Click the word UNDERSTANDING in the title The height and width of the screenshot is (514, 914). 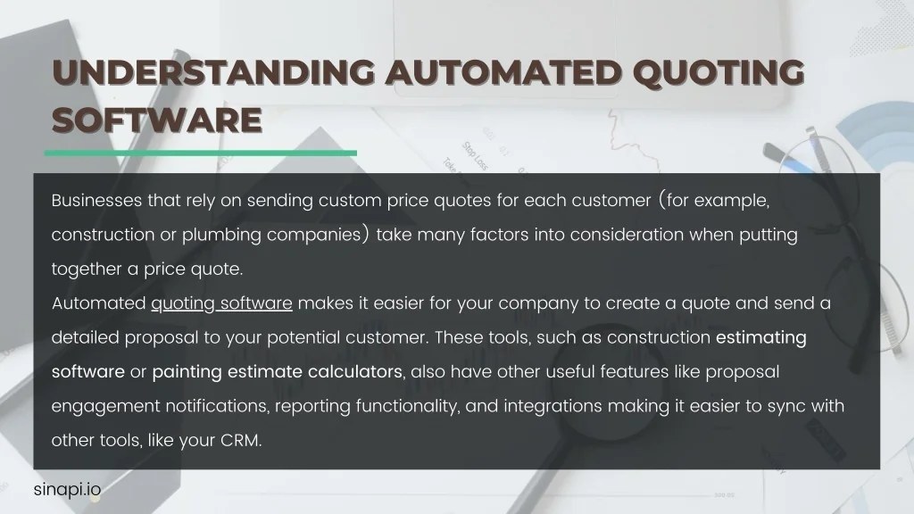(x=213, y=72)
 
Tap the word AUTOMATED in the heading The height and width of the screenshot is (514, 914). (x=504, y=72)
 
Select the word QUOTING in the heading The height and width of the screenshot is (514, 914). (x=719, y=73)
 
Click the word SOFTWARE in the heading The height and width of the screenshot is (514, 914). (x=157, y=120)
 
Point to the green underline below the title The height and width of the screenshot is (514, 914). (x=201, y=153)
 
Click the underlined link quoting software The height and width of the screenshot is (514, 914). (x=221, y=303)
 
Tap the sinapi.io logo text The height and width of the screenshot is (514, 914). (x=67, y=490)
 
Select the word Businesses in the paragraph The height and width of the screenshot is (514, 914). (x=96, y=201)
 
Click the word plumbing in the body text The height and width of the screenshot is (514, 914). (x=221, y=235)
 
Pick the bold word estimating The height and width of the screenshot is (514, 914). (x=761, y=338)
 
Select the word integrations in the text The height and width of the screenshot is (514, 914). (x=553, y=406)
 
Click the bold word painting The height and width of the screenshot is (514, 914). (x=187, y=372)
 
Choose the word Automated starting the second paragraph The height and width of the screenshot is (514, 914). (x=98, y=303)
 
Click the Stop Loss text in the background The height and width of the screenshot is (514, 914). (x=475, y=156)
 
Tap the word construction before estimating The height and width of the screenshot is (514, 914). (x=659, y=338)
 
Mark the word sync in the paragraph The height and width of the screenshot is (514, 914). (x=785, y=407)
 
